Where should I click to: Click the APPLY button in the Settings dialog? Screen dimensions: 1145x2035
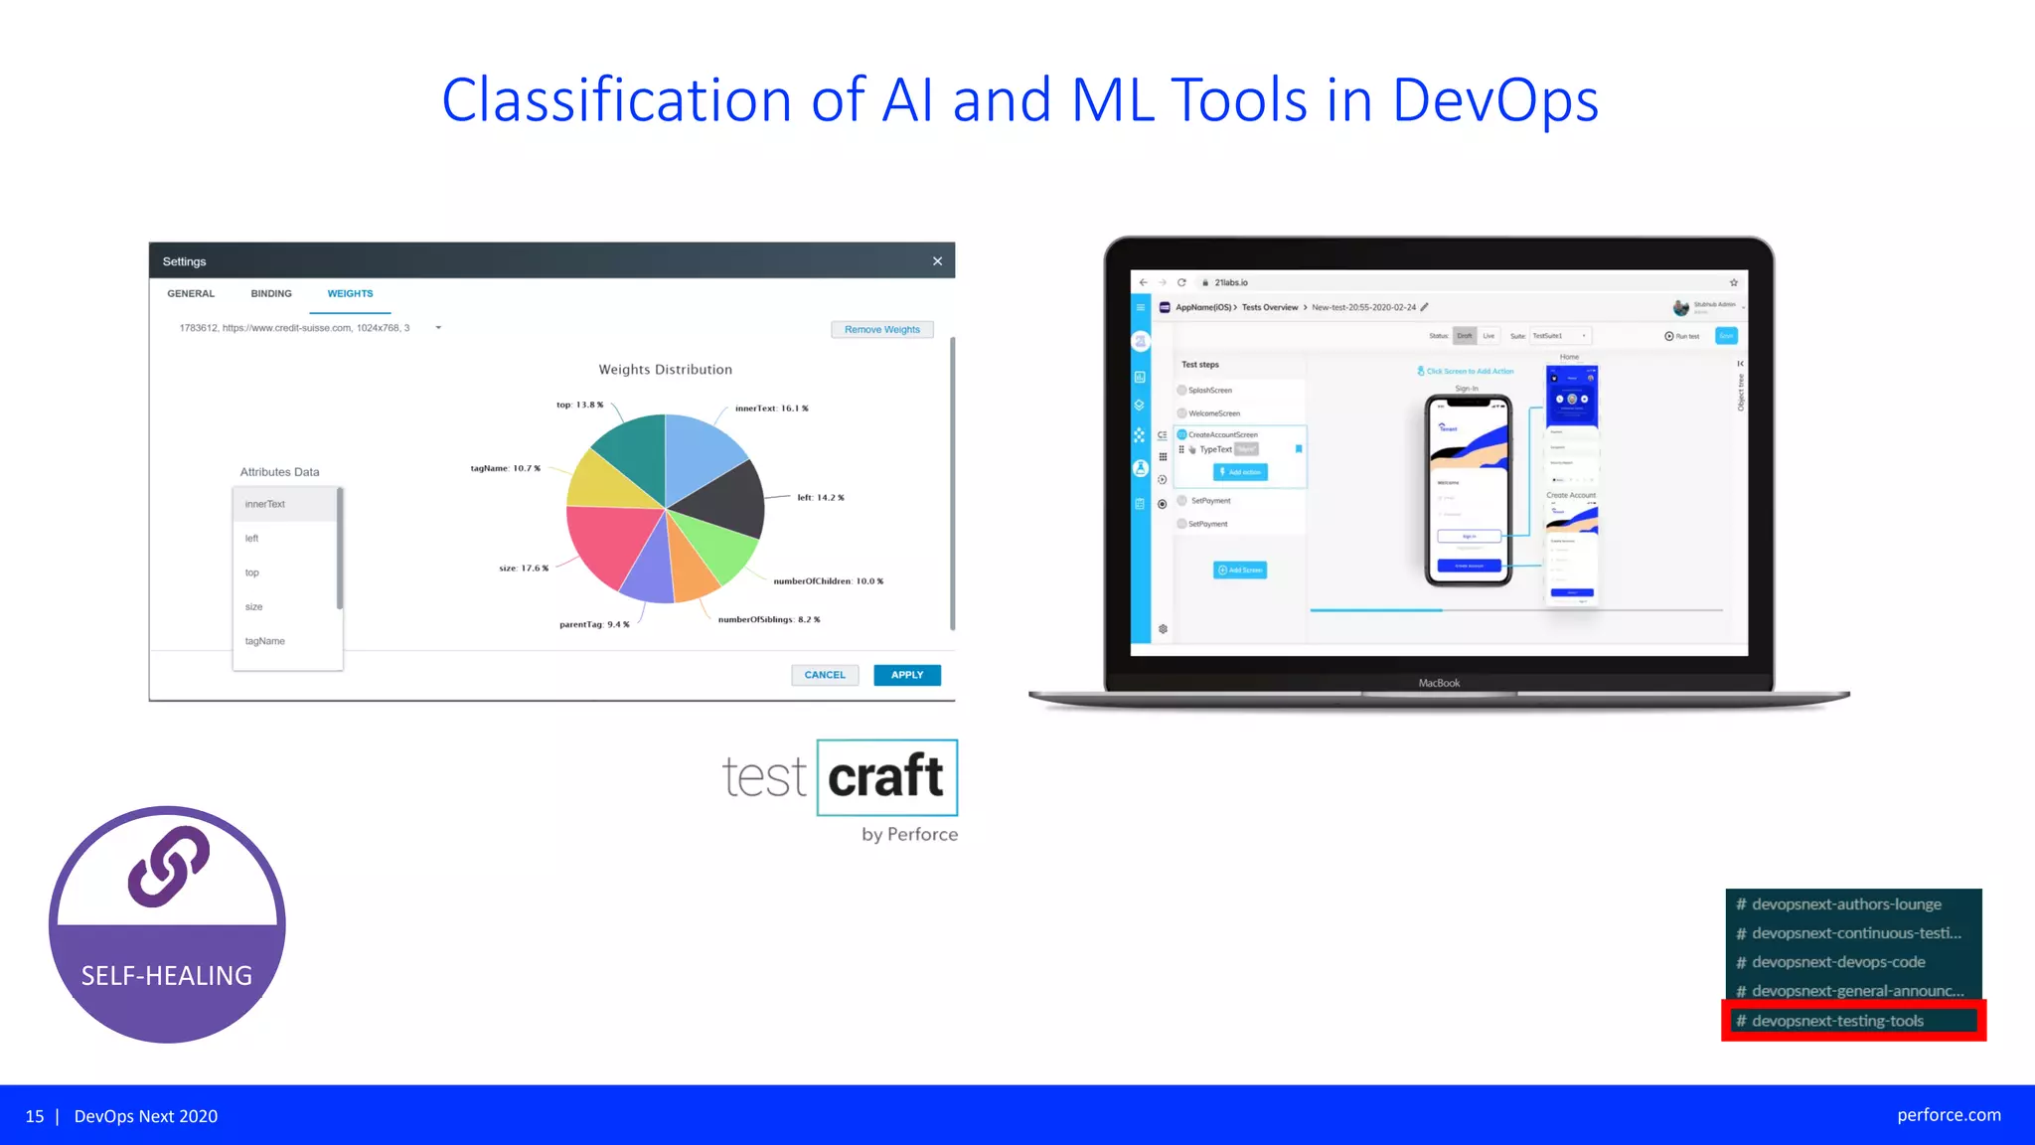click(906, 675)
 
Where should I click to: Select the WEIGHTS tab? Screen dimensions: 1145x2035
click(350, 294)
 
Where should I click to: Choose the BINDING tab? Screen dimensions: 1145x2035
click(271, 294)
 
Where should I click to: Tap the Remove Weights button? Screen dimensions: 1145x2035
click(881, 330)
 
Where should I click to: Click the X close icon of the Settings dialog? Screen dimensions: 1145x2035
click(937, 261)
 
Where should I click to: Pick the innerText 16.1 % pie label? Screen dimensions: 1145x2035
click(771, 409)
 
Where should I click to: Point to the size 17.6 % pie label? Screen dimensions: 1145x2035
click(524, 569)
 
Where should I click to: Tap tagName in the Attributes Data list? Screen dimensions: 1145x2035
click(265, 641)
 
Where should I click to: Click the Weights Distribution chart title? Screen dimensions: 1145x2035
click(665, 370)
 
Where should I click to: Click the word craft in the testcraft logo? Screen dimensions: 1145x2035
click(885, 777)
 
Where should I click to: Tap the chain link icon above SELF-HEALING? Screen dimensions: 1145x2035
click(168, 866)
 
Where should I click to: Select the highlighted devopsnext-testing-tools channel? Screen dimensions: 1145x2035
click(1837, 1021)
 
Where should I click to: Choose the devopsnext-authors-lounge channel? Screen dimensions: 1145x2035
click(1845, 904)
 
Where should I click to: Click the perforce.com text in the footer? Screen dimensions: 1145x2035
click(1949, 1115)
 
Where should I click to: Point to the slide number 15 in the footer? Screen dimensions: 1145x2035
click(35, 1116)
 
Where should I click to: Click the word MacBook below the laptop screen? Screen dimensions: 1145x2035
click(1439, 683)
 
